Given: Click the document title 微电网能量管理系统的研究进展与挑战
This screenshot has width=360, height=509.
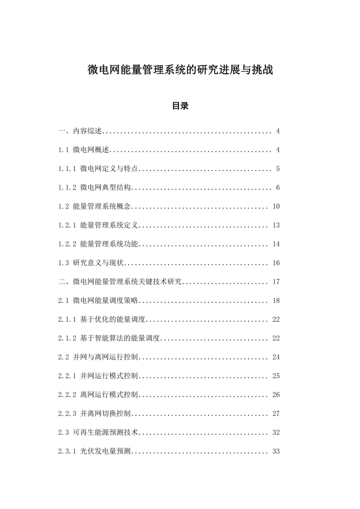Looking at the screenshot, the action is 180,70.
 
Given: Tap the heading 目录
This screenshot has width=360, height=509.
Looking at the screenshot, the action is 180,106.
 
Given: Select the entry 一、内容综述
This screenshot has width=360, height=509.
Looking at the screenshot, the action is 80,131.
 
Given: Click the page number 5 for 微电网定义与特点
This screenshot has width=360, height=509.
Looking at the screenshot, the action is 278,169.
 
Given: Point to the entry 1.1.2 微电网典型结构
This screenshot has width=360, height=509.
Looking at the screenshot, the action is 94,188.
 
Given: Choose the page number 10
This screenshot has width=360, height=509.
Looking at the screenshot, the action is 276,207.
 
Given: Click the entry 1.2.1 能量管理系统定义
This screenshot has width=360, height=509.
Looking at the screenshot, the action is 98,225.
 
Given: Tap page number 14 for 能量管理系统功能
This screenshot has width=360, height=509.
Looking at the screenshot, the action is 276,244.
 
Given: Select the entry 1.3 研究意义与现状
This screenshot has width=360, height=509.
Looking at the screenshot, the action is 91,263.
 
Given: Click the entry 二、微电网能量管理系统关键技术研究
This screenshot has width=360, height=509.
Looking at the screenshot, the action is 120,282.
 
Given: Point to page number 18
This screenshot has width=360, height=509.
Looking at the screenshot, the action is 276,301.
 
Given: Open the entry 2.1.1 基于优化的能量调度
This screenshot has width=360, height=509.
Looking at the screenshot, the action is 102,319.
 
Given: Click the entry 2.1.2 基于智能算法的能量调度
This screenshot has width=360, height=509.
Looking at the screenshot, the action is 109,338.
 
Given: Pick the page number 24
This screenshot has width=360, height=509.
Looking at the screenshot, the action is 276,357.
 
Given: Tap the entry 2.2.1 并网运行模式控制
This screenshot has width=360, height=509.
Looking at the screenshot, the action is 98,376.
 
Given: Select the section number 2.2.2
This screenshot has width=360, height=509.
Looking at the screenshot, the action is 67,395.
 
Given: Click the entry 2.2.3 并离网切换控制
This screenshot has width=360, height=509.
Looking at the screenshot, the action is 94,413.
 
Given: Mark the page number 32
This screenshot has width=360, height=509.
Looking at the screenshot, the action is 276,432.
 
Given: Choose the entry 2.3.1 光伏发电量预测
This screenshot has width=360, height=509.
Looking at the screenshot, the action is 94,451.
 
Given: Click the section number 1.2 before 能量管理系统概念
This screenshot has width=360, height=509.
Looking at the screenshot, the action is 63,207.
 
